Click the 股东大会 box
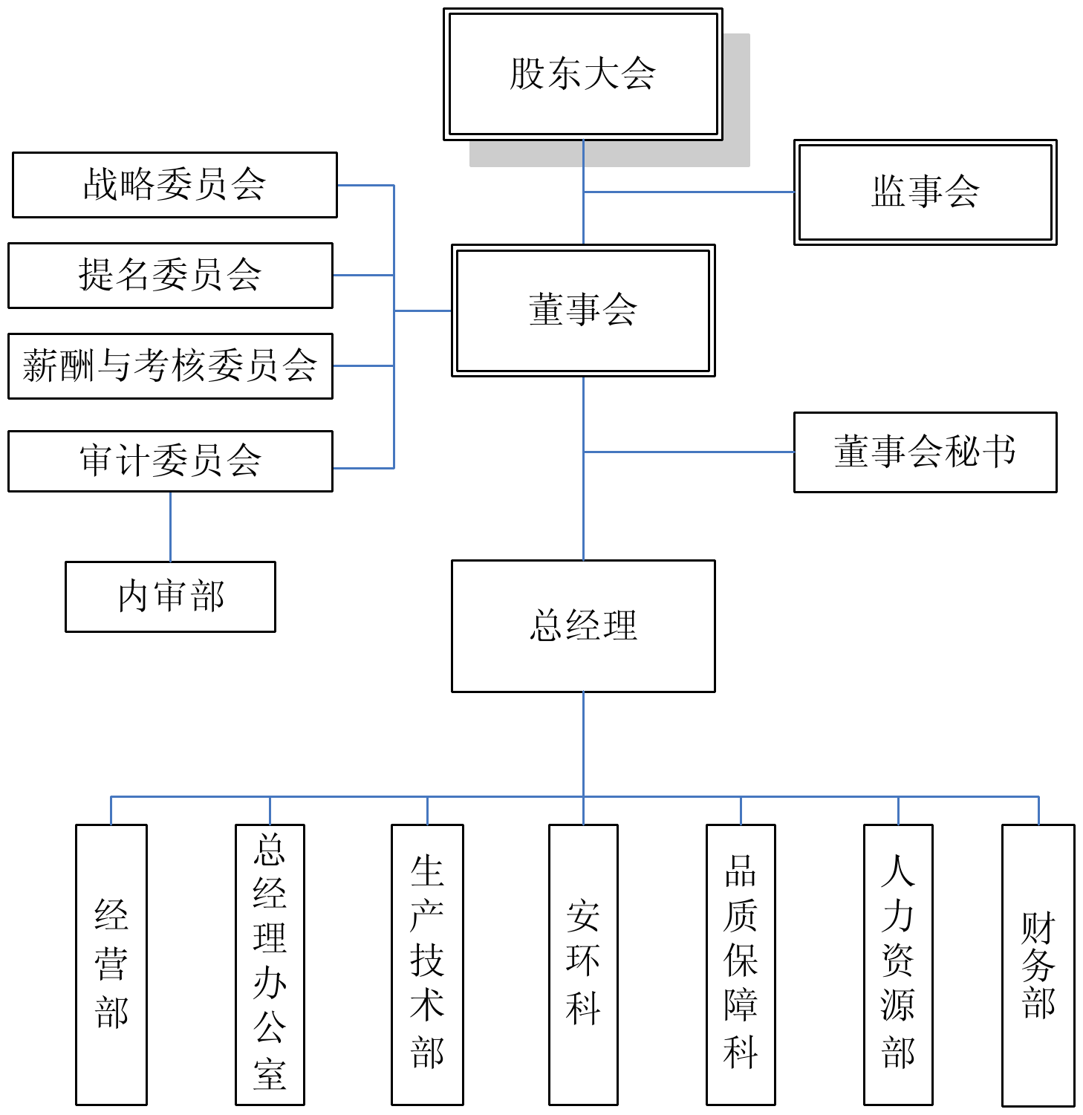pyautogui.click(x=583, y=74)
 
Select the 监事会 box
pyautogui.click(x=925, y=192)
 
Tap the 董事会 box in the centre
pyautogui.click(x=583, y=310)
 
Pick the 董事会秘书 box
pyautogui.click(x=925, y=452)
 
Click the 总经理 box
pyautogui.click(x=583, y=625)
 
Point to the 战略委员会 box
pyautogui.click(x=175, y=185)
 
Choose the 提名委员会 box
pyautogui.click(x=170, y=275)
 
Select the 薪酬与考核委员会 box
pyautogui.click(x=170, y=365)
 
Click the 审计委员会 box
pyautogui.click(x=170, y=461)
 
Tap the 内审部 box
pyautogui.click(x=170, y=596)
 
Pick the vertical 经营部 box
pyautogui.click(x=111, y=964)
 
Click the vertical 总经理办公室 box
pyautogui.click(x=270, y=964)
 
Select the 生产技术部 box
pyautogui.click(x=427, y=964)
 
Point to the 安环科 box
pyautogui.click(x=583, y=964)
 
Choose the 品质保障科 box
pyautogui.click(x=741, y=964)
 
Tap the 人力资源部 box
pyautogui.click(x=898, y=964)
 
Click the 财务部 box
pyautogui.click(x=1038, y=964)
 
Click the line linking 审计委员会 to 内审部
pyautogui.click(x=170, y=526)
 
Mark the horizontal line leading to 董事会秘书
pyautogui.click(x=689, y=452)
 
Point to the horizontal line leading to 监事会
pyautogui.click(x=689, y=192)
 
